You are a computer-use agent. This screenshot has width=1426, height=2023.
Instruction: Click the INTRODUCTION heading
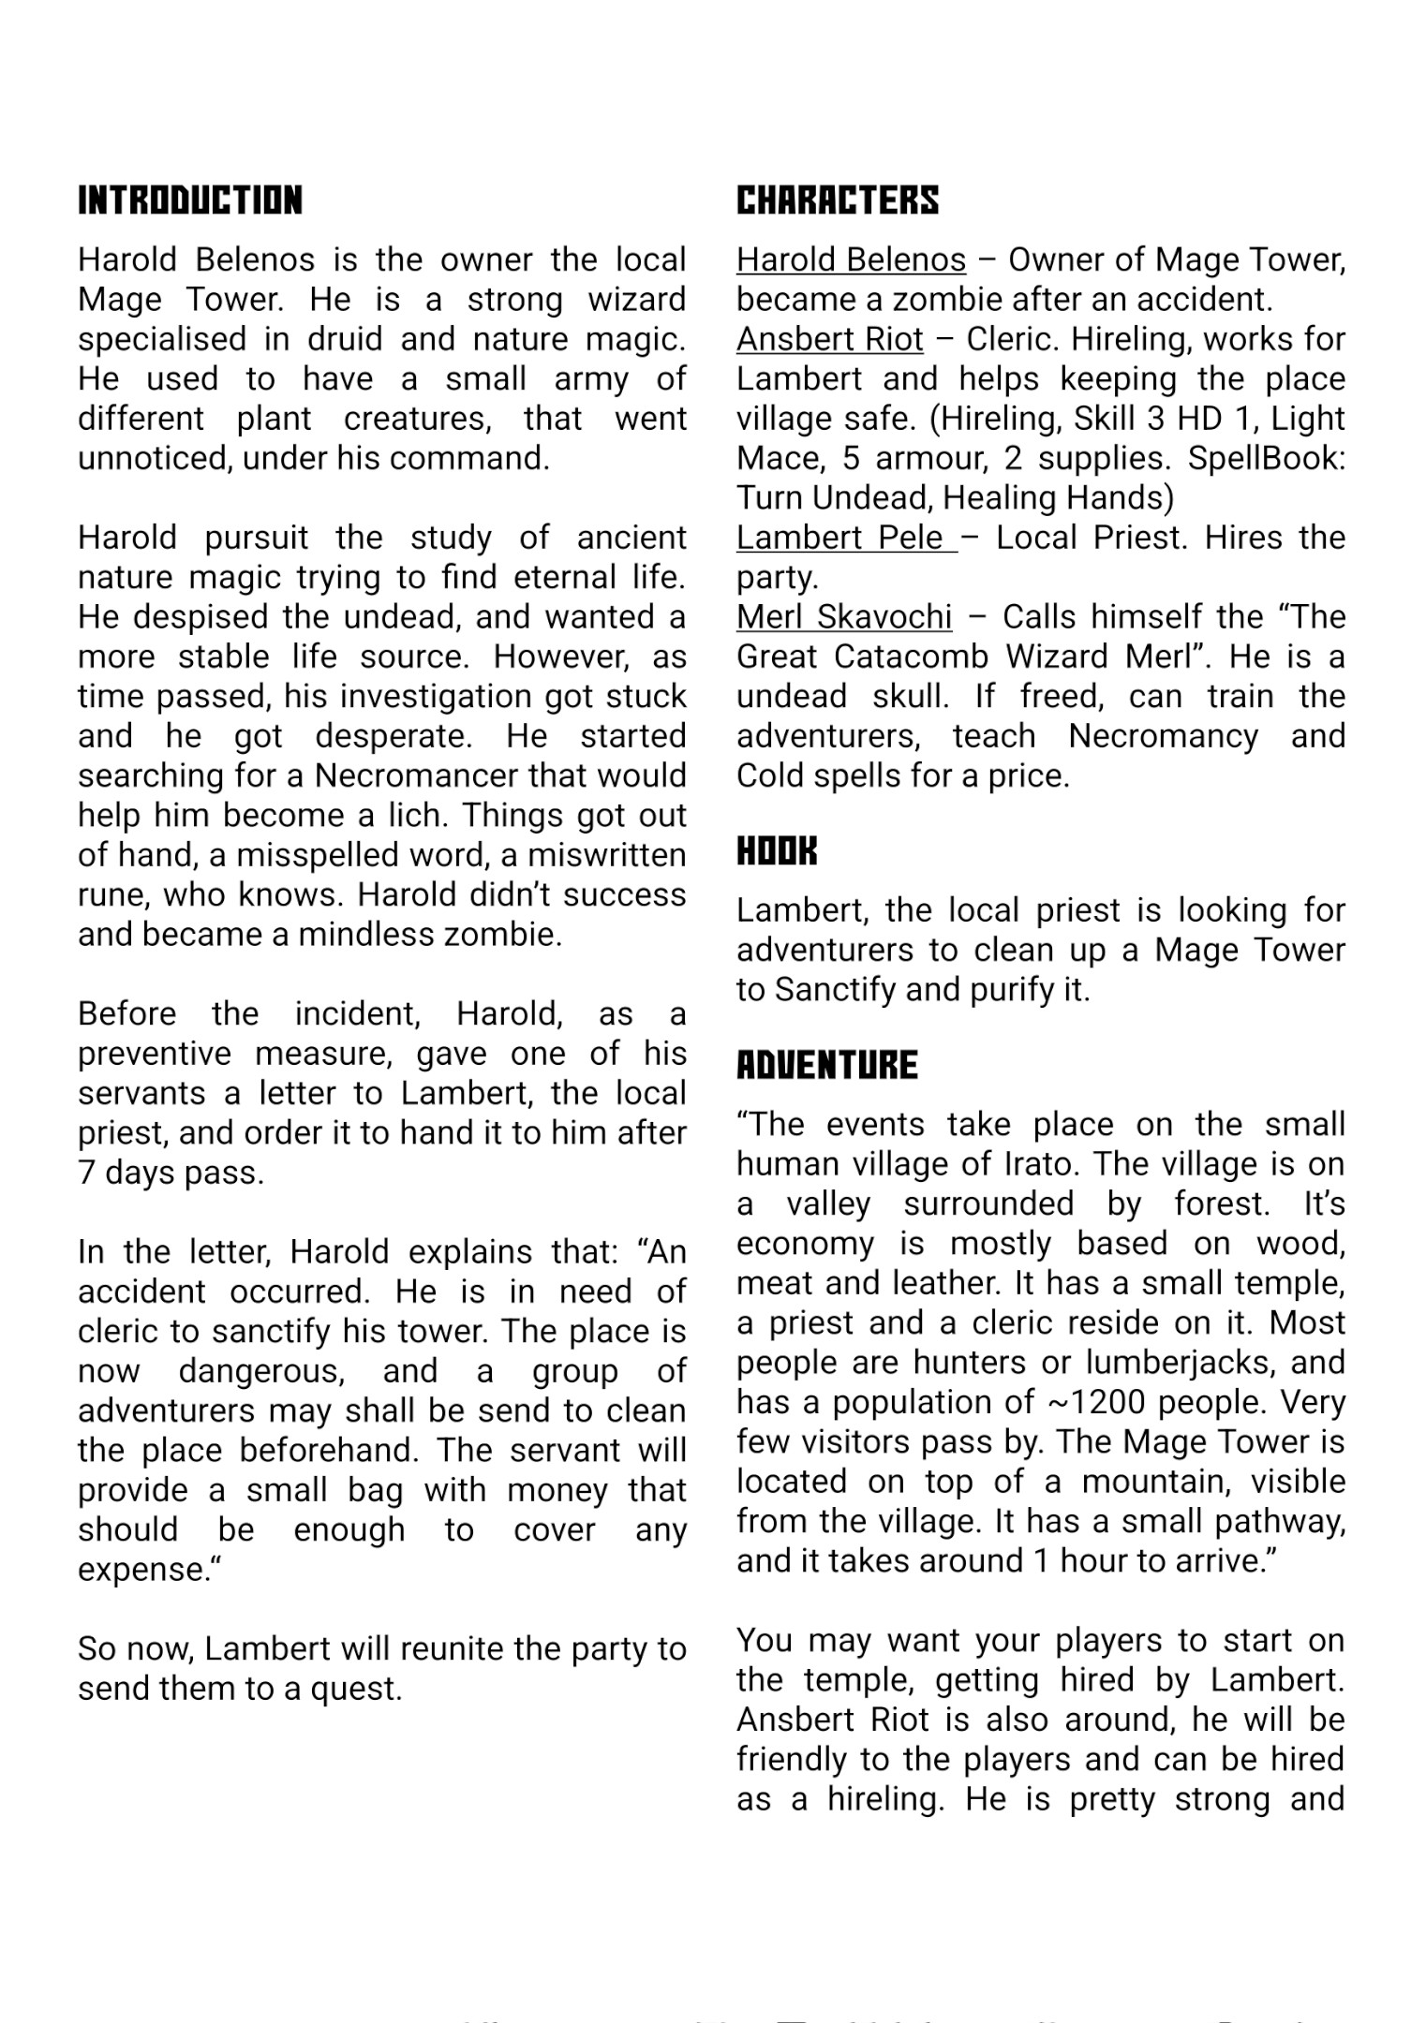190,200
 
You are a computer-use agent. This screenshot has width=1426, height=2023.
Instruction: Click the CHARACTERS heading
837,200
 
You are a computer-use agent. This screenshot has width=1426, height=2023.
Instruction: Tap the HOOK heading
777,851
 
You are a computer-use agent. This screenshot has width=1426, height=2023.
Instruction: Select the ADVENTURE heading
826,1065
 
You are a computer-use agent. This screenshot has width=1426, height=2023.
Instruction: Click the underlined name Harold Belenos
850,259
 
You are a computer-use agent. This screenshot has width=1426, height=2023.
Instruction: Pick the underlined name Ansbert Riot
829,339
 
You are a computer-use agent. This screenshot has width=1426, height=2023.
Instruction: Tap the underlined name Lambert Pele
839,538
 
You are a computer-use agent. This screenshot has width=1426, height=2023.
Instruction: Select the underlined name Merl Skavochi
843,617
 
